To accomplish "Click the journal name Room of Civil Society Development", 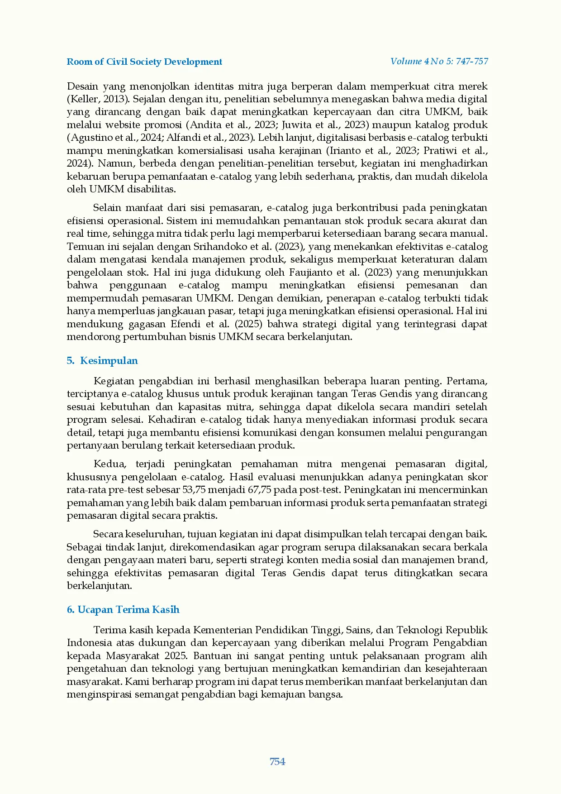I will click(144, 62).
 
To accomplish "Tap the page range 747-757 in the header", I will click(472, 61).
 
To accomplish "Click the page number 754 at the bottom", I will click(277, 761).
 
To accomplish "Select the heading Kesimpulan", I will click(109, 360).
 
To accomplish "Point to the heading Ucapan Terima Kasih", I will click(128, 609).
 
